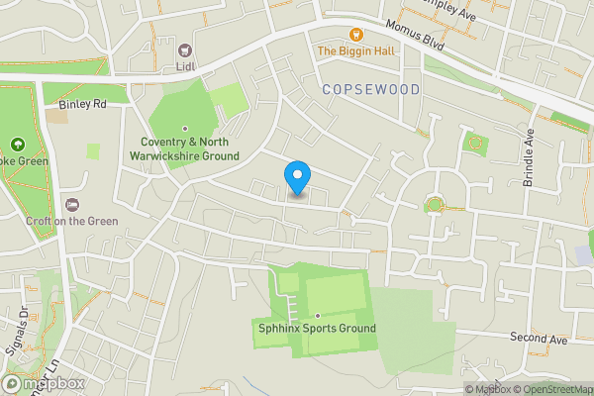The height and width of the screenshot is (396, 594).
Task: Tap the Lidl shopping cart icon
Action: coord(183,49)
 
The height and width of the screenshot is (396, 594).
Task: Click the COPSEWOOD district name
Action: coord(371,89)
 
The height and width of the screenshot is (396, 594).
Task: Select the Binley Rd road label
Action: coord(82,103)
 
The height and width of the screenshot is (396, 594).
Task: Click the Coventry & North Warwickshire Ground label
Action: coord(185,149)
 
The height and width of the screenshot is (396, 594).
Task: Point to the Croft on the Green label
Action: coord(71,221)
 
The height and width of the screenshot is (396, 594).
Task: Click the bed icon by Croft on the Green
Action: coord(71,204)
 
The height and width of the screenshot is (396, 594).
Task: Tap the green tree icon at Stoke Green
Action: coord(17,145)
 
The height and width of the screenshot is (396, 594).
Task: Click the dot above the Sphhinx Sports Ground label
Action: coord(317,315)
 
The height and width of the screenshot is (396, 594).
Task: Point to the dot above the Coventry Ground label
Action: coord(184,129)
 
